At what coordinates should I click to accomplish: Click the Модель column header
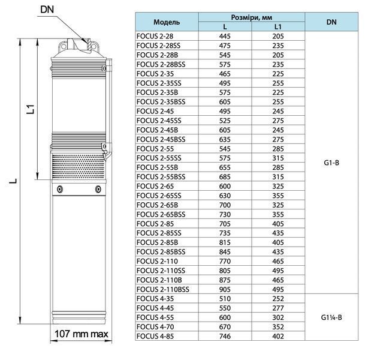point(167,22)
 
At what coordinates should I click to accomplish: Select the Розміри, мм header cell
point(252,17)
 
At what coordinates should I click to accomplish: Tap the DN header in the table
point(331,22)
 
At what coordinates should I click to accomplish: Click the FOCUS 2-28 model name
point(155,36)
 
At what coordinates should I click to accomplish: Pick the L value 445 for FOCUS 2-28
point(225,36)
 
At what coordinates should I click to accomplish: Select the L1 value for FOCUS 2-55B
point(278,167)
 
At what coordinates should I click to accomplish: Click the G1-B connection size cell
point(331,163)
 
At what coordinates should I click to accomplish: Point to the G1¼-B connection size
point(331,317)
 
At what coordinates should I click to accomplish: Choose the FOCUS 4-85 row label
point(155,336)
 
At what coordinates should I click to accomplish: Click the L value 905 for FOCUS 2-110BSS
point(225,289)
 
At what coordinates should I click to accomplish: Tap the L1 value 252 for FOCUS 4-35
point(278,299)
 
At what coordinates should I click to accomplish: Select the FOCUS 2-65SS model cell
point(159,196)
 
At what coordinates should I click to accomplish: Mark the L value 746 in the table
point(225,336)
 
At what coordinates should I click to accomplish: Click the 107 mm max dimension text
point(81,334)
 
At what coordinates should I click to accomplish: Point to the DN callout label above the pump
point(47,10)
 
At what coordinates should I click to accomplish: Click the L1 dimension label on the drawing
point(31,109)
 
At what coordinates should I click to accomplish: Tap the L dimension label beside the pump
point(13,181)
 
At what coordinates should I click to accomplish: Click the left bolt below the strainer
point(60,189)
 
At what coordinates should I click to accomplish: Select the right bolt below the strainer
point(98,189)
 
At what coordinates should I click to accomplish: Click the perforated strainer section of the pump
point(79,167)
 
